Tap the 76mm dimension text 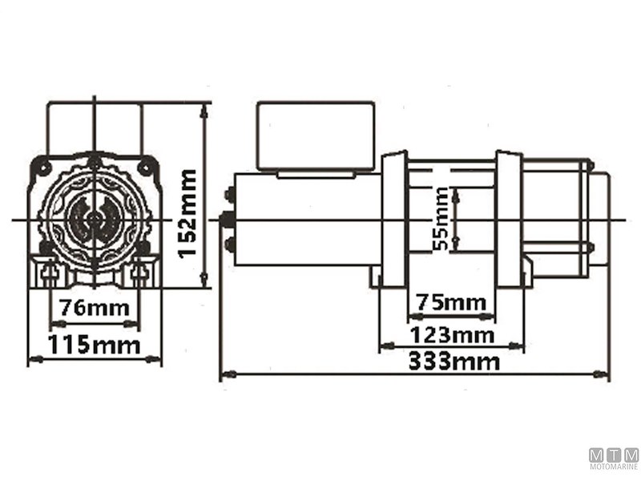[x=95, y=307]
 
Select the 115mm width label [x=94, y=346]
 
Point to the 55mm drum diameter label [x=440, y=219]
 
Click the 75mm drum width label [x=451, y=302]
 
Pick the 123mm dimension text [x=452, y=333]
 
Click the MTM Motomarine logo [x=614, y=458]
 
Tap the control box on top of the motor [x=315, y=135]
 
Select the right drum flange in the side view [x=508, y=219]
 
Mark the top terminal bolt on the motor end [x=230, y=193]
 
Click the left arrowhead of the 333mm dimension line [x=225, y=374]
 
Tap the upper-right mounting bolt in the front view [x=144, y=167]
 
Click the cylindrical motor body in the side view [x=304, y=218]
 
